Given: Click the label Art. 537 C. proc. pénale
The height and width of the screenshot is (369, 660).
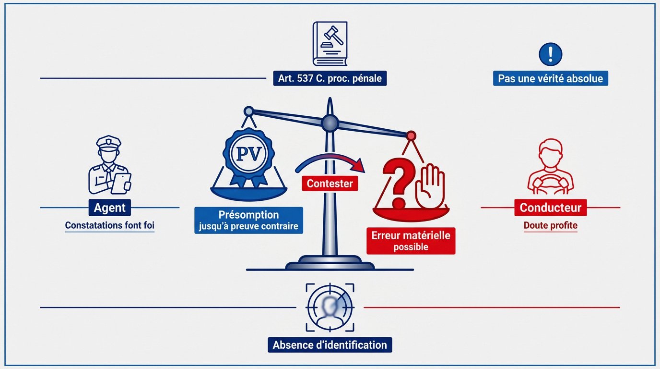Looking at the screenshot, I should (330, 78).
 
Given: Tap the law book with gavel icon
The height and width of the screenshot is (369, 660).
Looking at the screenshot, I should (330, 44).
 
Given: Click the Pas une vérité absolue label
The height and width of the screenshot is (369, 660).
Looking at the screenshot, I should (550, 78).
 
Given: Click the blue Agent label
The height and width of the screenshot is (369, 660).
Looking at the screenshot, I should (110, 208).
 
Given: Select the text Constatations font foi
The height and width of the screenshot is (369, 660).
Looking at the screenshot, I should (110, 225).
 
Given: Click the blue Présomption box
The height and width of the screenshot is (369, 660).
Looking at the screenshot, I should (248, 220).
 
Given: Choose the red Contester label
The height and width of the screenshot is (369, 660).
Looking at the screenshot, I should (330, 183).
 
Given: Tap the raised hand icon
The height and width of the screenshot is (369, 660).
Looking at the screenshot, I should (430, 187).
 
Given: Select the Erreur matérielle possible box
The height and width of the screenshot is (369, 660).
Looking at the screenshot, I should (410, 241).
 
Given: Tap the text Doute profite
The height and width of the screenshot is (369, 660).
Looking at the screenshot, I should (550, 225).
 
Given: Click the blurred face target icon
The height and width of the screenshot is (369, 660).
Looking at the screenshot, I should (330, 307).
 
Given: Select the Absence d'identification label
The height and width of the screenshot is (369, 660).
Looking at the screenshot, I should (330, 344).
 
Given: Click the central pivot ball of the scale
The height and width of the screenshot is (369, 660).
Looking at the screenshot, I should (330, 123).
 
